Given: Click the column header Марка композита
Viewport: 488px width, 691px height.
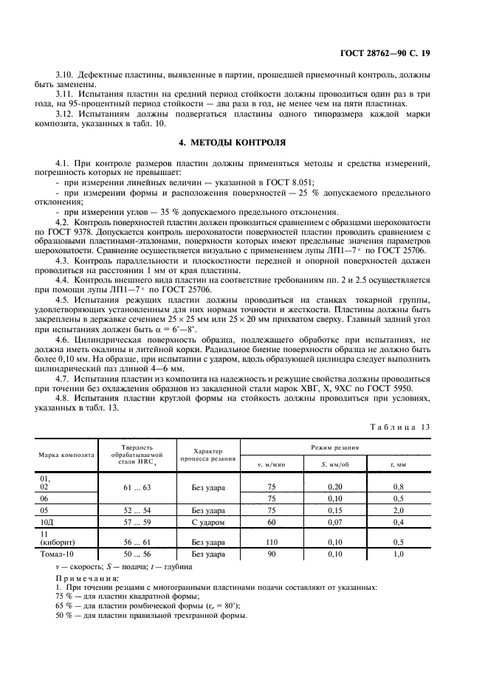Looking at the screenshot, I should tap(67, 455).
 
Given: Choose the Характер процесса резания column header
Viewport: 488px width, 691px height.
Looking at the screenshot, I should tap(213, 455).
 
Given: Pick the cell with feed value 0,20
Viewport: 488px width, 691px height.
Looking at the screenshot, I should tap(335, 487).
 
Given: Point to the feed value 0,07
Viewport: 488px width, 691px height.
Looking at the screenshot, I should tap(335, 521).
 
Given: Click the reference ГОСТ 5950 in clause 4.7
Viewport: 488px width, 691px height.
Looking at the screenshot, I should tap(388, 388).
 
